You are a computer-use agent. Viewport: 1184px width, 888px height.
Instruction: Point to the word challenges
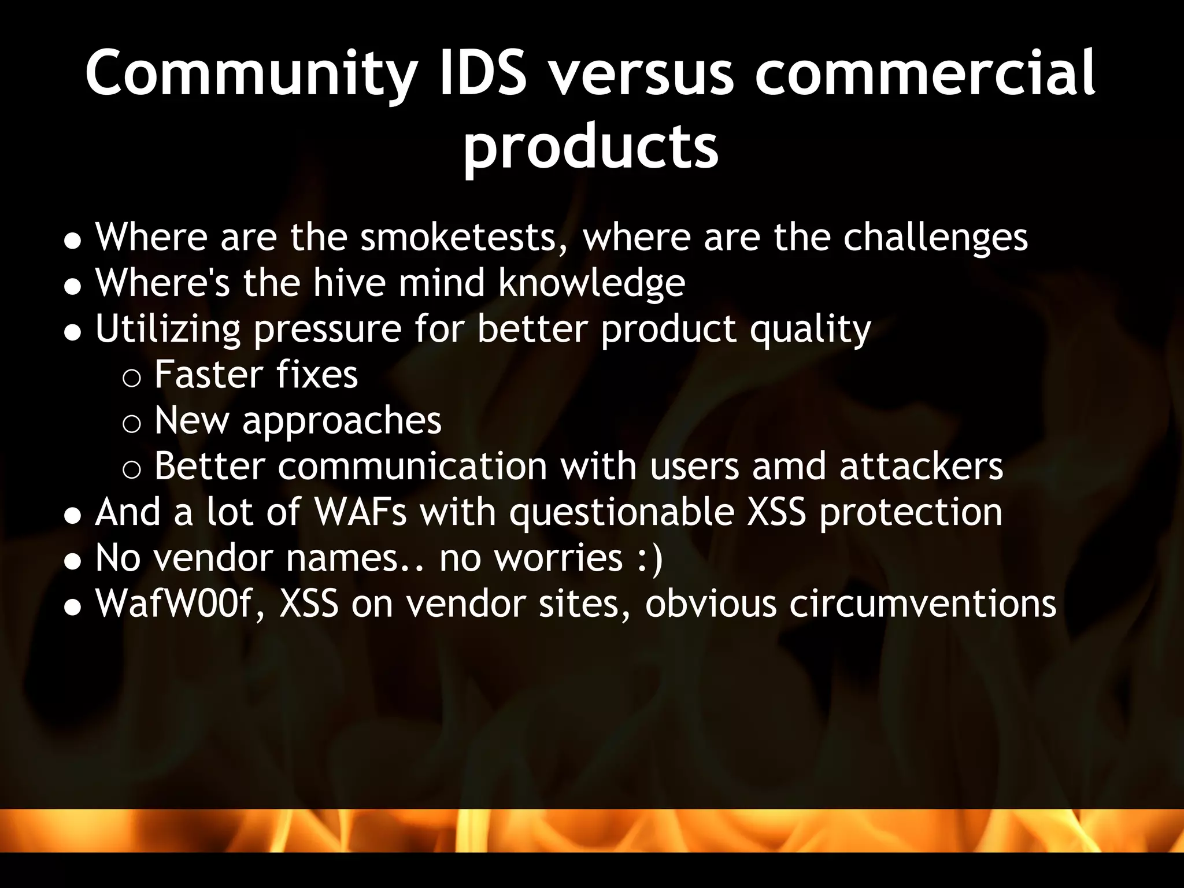tap(935, 238)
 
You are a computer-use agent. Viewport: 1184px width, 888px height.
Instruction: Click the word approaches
tap(342, 422)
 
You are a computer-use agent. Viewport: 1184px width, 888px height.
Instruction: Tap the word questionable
tap(621, 513)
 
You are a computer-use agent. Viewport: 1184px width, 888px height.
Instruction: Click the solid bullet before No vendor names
tap(72, 560)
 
